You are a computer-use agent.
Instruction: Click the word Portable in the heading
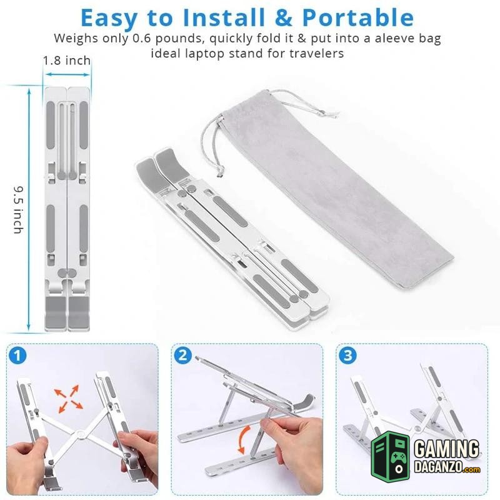(x=357, y=17)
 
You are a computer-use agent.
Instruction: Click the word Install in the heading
(x=224, y=17)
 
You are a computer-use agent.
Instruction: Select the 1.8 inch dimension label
(x=67, y=61)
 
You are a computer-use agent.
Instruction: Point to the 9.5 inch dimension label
(x=19, y=210)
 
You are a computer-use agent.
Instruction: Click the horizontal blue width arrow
(x=67, y=74)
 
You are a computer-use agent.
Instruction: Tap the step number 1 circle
(x=17, y=356)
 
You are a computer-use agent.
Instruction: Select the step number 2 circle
(x=182, y=356)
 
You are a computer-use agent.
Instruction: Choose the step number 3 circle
(x=348, y=356)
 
